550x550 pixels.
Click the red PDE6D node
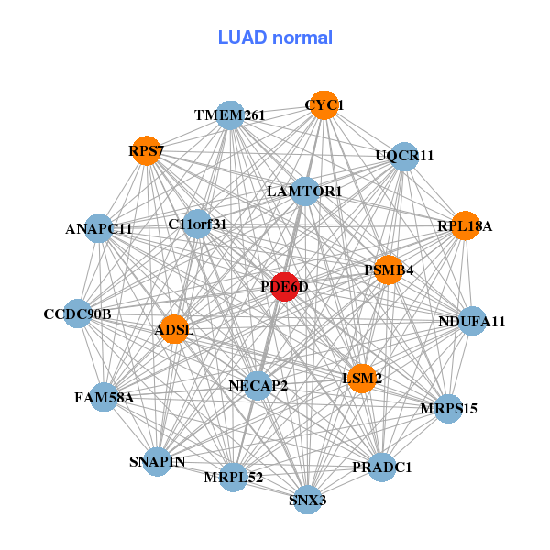tap(285, 287)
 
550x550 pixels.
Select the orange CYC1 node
tap(322, 105)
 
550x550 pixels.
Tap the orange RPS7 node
tap(146, 150)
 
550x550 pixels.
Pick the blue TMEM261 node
tap(230, 115)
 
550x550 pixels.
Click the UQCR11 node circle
tap(403, 156)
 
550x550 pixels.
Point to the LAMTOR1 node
tap(305, 192)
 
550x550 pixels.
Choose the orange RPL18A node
tap(465, 225)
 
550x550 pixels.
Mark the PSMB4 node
tap(389, 269)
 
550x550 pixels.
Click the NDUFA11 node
tap(471, 321)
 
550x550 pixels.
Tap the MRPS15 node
tap(447, 407)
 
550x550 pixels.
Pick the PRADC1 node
tap(381, 467)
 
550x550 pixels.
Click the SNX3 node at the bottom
tap(308, 500)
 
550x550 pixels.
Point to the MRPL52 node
tap(234, 478)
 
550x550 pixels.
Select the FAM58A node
tap(104, 397)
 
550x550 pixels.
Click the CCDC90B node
tap(78, 314)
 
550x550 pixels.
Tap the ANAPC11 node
tap(99, 228)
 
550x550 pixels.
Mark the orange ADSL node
tap(173, 329)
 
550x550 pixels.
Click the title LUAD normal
tap(275, 38)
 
